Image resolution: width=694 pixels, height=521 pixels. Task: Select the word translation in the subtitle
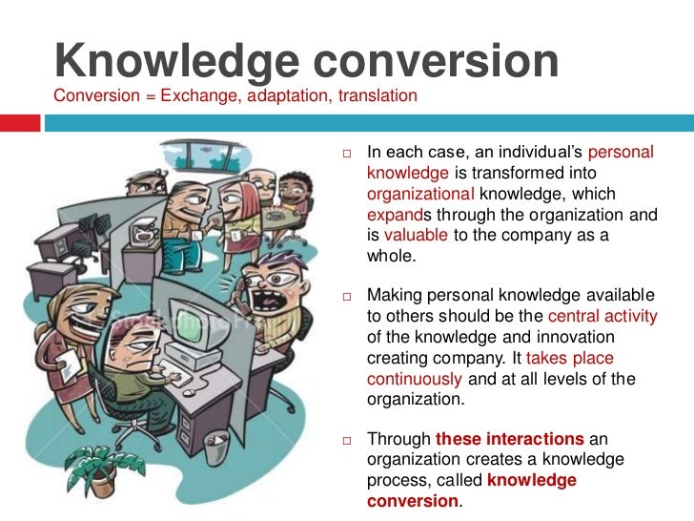[x=378, y=96]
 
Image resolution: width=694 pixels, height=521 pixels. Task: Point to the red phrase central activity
[x=602, y=317]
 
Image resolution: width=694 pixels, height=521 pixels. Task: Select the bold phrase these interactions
[x=509, y=440]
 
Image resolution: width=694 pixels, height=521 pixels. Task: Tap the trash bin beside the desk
[x=217, y=448]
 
